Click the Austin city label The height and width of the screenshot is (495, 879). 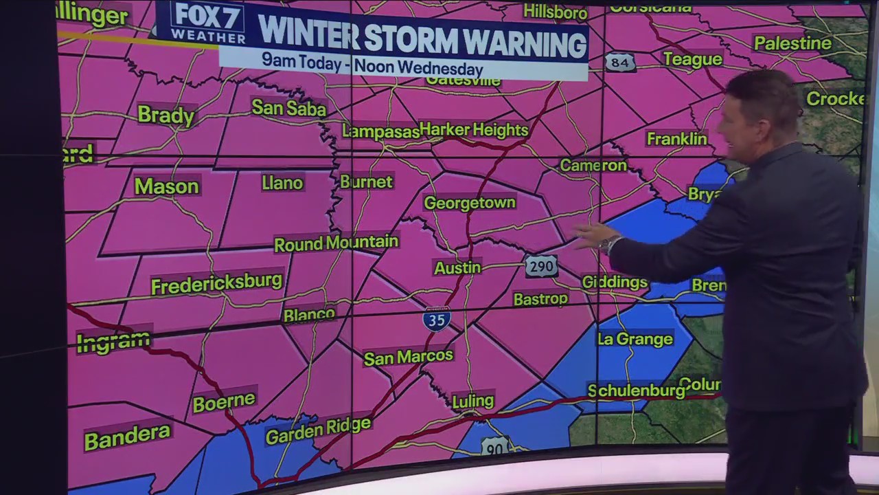pos(457,267)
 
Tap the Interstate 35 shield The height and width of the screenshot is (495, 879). pos(437,320)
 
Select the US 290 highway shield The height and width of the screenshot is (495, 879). pos(541,266)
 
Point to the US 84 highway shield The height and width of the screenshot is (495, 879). pos(619,63)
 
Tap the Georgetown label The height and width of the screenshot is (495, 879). pos(470,203)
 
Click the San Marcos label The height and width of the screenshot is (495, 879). pos(409,356)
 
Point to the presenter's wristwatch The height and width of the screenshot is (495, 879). pos(608,244)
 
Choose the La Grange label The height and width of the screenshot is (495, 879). pos(635,339)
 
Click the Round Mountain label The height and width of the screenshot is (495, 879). pos(336,243)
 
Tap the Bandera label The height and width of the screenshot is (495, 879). pos(127,437)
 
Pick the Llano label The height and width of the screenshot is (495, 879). pos(282,183)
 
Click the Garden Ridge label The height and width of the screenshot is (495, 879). pos(318,430)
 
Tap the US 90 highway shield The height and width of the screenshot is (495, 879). pos(494,446)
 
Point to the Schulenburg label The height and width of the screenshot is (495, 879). pos(637,390)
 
